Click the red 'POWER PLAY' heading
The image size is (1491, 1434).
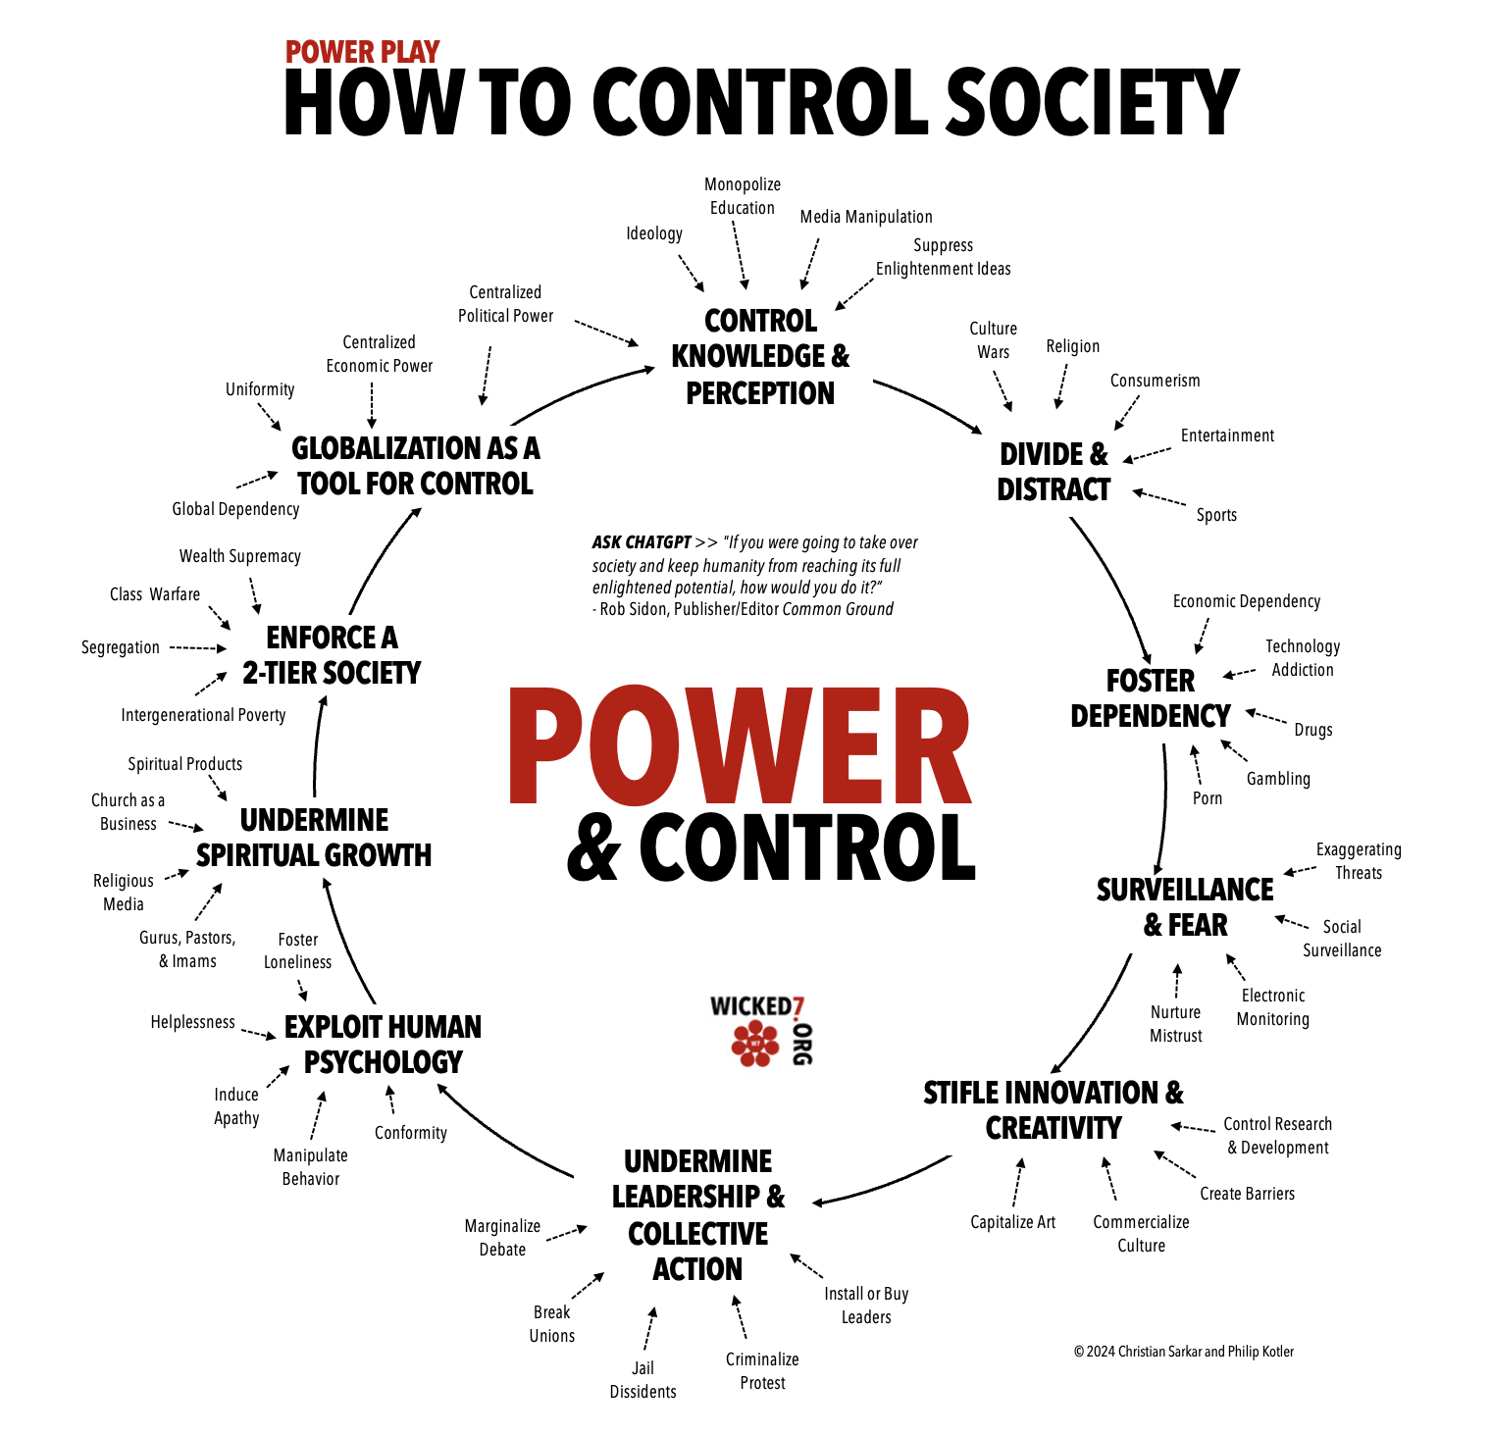(x=362, y=52)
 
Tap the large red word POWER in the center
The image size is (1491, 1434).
(x=740, y=746)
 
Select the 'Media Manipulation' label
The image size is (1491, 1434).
(x=866, y=217)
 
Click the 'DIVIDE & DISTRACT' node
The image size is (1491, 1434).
(x=1054, y=472)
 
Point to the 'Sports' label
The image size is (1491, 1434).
(x=1216, y=515)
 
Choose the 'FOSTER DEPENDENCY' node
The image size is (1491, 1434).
(x=1151, y=698)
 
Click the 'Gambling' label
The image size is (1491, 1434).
(x=1278, y=779)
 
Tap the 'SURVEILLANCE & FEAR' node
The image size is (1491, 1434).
(x=1185, y=907)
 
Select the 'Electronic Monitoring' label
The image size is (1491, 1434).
(x=1273, y=1007)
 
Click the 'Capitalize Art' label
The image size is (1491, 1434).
(x=1013, y=1222)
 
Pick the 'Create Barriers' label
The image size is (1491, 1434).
(x=1248, y=1194)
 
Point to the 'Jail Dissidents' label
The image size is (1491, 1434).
(x=643, y=1380)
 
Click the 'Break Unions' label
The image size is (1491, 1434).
(x=552, y=1324)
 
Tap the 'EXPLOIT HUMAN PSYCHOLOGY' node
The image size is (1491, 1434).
(x=383, y=1045)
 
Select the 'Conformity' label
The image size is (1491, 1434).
(x=411, y=1133)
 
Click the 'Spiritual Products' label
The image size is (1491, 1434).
(x=185, y=764)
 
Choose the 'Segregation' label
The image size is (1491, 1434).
(x=121, y=647)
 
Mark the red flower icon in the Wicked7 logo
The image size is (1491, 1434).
(x=755, y=1043)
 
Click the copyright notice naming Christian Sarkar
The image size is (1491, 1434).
(x=1184, y=1352)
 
